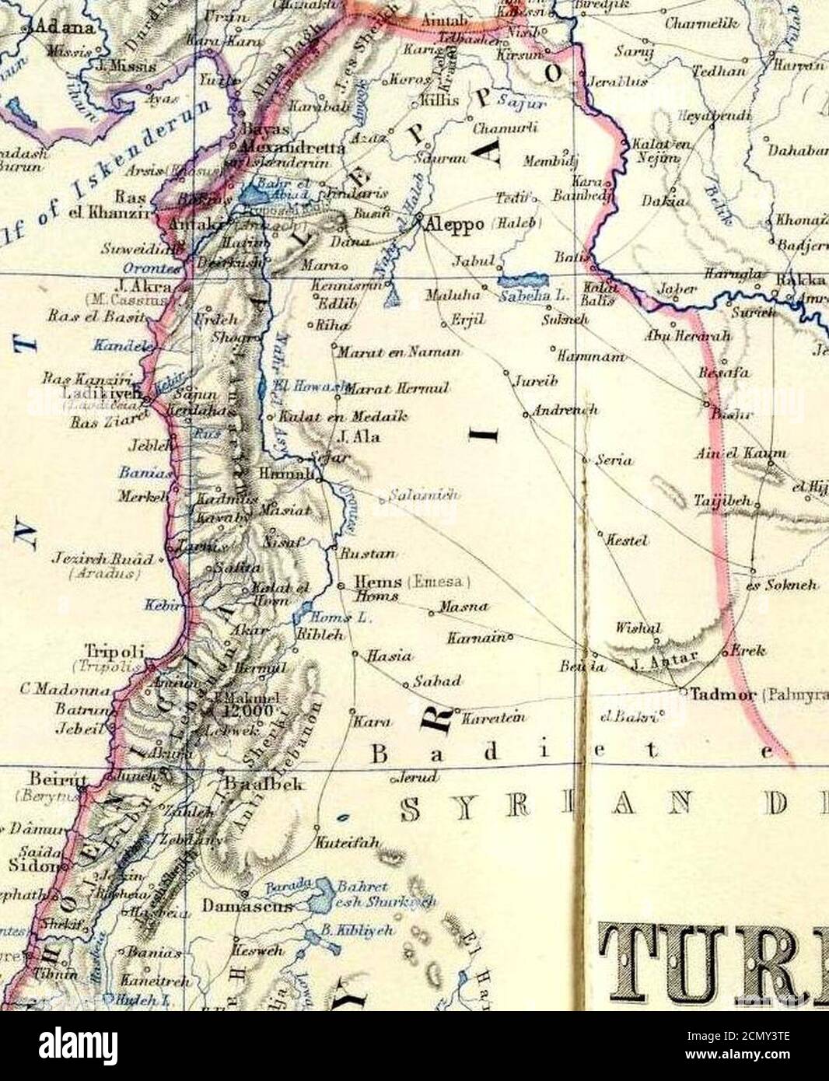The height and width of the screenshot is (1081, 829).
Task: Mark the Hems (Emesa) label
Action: (378, 582)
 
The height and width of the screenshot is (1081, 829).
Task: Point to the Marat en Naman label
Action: (399, 352)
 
